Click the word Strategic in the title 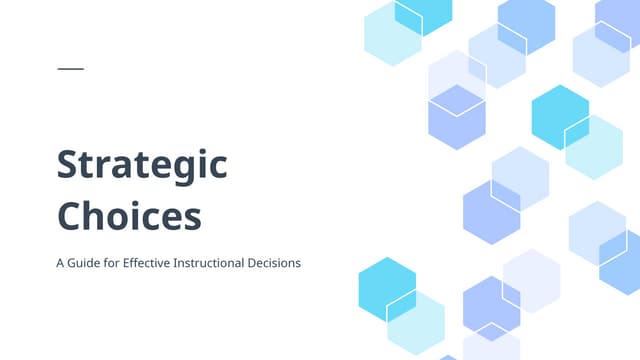coord(142,166)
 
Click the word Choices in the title coord(129,216)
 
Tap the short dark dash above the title coord(71,68)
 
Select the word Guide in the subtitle coord(87,264)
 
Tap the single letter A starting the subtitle coord(61,264)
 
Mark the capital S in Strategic coord(68,165)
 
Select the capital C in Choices coord(69,216)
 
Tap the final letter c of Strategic coord(218,168)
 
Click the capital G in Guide coord(73,264)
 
